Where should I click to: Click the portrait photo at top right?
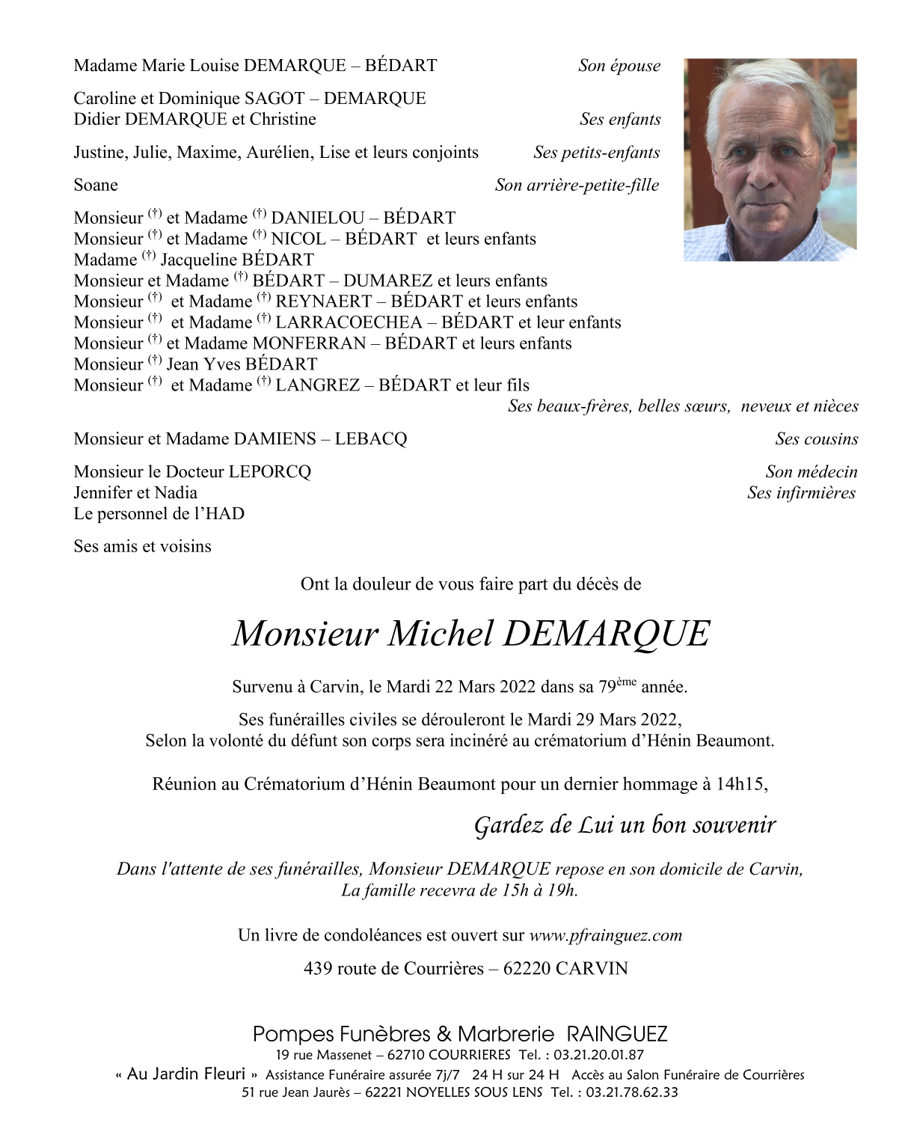pyautogui.click(x=770, y=159)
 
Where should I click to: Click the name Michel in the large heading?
pyautogui.click(x=440, y=634)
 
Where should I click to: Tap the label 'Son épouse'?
pyautogui.click(x=619, y=66)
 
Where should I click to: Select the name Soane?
pyautogui.click(x=96, y=186)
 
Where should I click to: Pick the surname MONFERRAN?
pyautogui.click(x=309, y=343)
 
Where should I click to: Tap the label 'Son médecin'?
pyautogui.click(x=811, y=472)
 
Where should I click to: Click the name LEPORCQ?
pyautogui.click(x=269, y=472)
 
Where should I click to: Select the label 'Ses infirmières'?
pyautogui.click(x=801, y=493)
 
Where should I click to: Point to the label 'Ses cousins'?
pyautogui.click(x=816, y=439)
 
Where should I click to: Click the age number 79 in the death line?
pyautogui.click(x=607, y=687)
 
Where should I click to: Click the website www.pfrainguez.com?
pyautogui.click(x=605, y=935)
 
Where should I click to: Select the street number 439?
pyautogui.click(x=318, y=969)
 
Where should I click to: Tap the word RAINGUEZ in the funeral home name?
pyautogui.click(x=616, y=1034)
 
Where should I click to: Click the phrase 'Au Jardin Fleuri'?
pyautogui.click(x=186, y=1074)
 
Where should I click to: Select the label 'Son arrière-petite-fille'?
pyautogui.click(x=577, y=186)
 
